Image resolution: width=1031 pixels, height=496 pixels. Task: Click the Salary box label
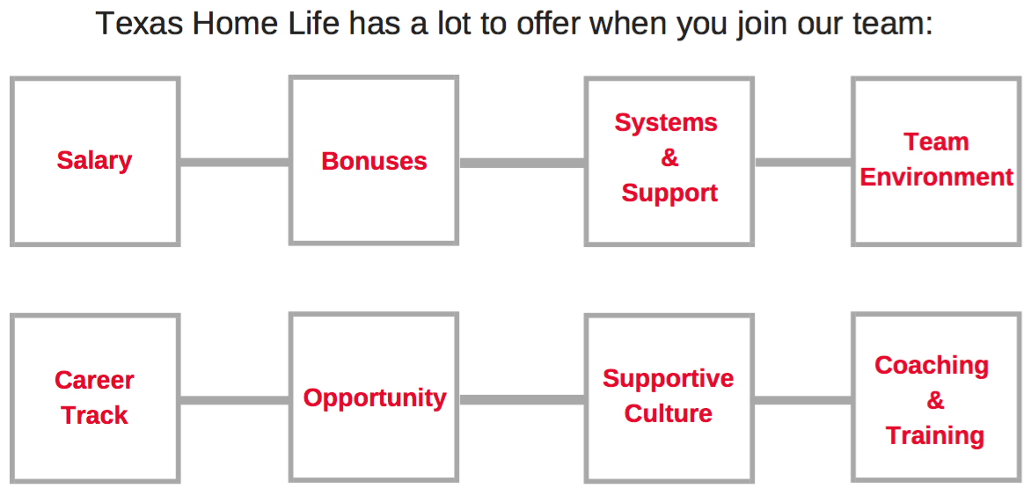[94, 161]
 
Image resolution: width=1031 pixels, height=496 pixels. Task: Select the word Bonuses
[374, 161]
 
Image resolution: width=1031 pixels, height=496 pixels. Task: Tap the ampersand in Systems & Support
[669, 157]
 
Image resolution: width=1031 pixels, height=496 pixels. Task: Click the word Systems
[666, 123]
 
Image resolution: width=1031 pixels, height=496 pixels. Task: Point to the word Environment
[936, 178]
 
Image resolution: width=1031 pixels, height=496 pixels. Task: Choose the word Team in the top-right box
[936, 142]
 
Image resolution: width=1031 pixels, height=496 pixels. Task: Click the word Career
[94, 380]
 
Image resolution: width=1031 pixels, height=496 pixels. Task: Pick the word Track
[95, 415]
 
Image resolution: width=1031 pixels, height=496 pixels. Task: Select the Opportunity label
[375, 398]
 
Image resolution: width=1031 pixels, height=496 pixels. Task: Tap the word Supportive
[668, 378]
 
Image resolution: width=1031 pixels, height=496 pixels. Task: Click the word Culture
[668, 413]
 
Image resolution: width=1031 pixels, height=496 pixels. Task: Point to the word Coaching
[931, 365]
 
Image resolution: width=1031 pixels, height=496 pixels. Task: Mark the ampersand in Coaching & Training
[935, 400]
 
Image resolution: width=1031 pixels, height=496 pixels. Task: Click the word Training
[934, 435]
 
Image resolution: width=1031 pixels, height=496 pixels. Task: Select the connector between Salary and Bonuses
[235, 163]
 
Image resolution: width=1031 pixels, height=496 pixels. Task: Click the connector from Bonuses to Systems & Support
[522, 163]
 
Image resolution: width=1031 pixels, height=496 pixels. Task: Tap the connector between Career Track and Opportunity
[235, 400]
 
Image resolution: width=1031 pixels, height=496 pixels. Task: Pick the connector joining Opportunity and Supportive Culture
[522, 399]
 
